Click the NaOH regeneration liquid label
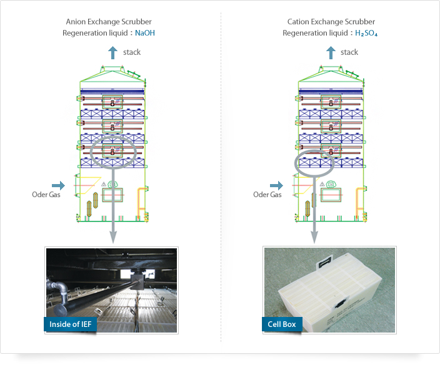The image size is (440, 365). (x=145, y=33)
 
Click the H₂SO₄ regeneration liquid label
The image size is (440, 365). (x=366, y=33)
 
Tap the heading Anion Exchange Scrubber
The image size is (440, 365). (x=109, y=22)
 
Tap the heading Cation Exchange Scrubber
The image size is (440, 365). (x=331, y=22)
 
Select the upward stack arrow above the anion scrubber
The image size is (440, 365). (x=112, y=52)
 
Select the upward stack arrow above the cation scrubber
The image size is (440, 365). (x=331, y=52)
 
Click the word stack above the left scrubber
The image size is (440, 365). (x=132, y=52)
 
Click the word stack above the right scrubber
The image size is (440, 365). (x=349, y=52)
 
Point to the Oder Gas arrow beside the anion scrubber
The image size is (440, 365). (x=58, y=185)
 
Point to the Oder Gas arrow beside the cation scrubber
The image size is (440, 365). (x=276, y=185)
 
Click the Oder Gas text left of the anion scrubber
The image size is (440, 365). (x=46, y=195)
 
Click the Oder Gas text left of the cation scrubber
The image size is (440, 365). (x=267, y=195)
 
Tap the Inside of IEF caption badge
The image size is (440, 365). (x=70, y=324)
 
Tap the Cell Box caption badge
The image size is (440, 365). (x=282, y=324)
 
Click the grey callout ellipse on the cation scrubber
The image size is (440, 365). (x=296, y=163)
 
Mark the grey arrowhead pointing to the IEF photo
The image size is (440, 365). (x=112, y=238)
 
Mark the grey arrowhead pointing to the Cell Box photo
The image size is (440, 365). (x=314, y=238)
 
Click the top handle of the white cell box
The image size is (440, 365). (x=325, y=262)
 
